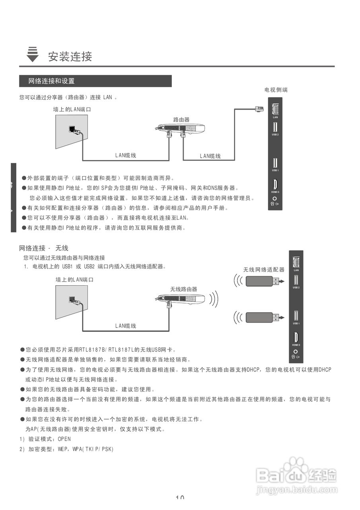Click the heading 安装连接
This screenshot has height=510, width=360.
[70, 57]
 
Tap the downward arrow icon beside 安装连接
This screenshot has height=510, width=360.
[33, 55]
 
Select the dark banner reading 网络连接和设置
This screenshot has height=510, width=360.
[95, 81]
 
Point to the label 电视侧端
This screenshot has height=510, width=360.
[276, 90]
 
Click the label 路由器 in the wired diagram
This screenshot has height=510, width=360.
[181, 120]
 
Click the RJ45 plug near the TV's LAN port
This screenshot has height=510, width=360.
[259, 109]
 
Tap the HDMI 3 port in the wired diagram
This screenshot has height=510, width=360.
[275, 185]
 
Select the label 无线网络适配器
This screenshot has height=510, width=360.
[264, 270]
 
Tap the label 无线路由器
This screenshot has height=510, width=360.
[183, 289]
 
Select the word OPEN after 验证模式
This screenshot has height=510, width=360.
[64, 439]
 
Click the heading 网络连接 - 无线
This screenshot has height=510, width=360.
[44, 248]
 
